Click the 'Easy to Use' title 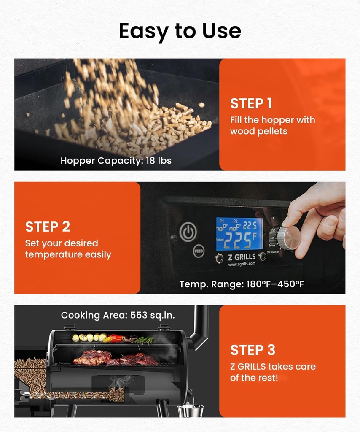(180, 31)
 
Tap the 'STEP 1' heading (251, 104)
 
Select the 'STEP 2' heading (48, 227)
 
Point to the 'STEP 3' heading (253, 350)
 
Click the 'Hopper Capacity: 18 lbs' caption (116, 161)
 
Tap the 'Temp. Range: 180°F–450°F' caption (242, 284)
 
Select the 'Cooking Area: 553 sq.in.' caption (118, 315)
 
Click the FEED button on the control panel (199, 251)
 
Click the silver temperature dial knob (289, 238)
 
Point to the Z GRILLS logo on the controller (239, 257)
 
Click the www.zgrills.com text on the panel (242, 264)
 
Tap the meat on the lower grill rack (114, 358)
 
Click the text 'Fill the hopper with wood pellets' (272, 126)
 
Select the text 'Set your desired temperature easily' (68, 249)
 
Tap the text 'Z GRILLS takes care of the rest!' (273, 372)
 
